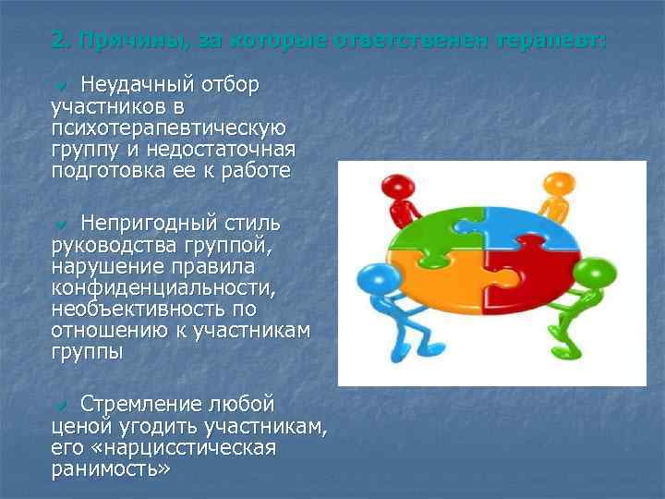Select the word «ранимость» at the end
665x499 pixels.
(x=111, y=469)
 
